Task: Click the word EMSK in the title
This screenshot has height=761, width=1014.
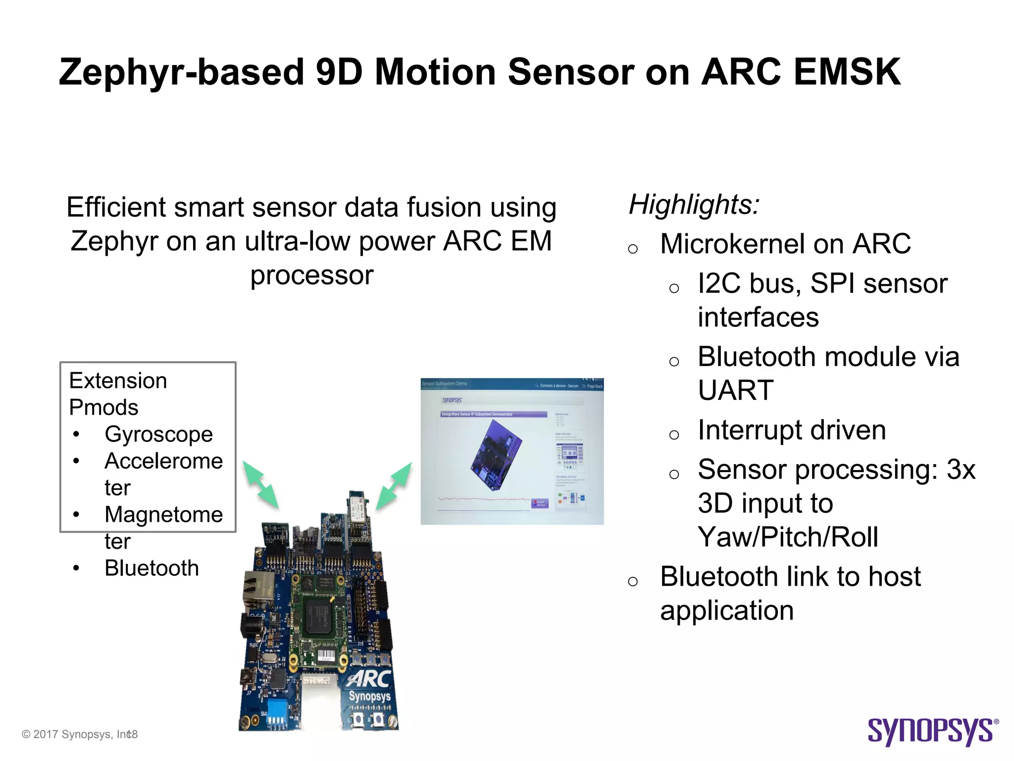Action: tap(847, 72)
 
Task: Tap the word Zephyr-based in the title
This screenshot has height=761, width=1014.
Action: tap(181, 72)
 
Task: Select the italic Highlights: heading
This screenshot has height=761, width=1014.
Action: tap(694, 204)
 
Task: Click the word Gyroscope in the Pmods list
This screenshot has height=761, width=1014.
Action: tap(158, 435)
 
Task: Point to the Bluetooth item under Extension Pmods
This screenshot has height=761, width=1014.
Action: tap(152, 568)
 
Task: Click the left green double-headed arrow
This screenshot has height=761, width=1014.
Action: tap(260, 485)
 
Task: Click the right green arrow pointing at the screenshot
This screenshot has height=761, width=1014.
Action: tap(394, 486)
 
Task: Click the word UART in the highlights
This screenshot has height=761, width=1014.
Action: tap(735, 390)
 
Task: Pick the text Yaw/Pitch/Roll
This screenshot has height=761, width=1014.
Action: tap(788, 537)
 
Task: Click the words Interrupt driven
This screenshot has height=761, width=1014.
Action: tap(791, 430)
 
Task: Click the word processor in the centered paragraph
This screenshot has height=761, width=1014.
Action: tap(311, 275)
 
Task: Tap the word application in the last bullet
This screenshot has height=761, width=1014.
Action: tap(726, 610)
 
